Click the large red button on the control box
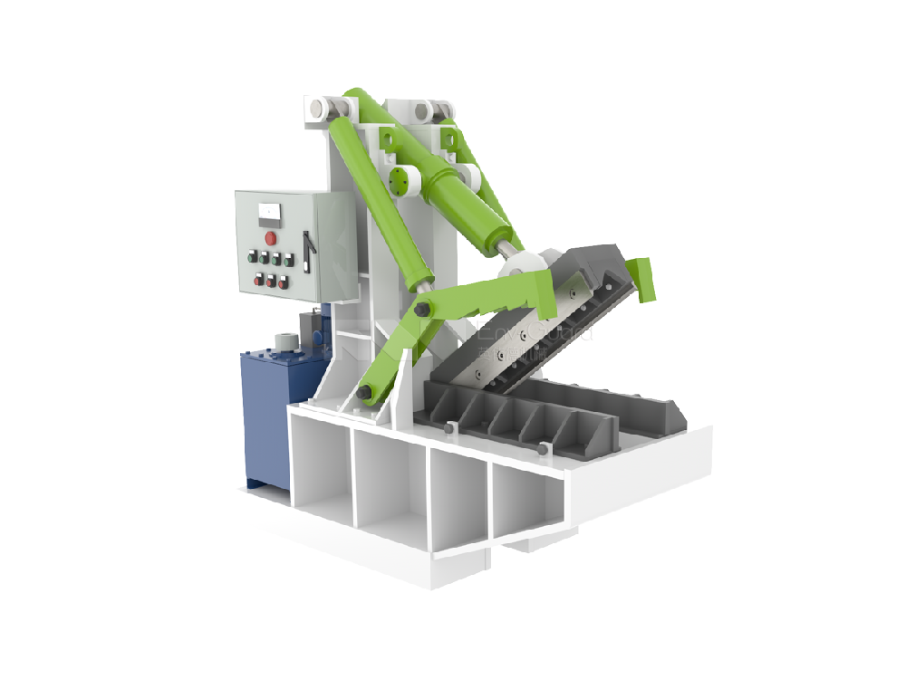(270, 238)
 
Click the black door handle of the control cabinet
(308, 250)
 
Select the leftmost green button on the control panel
(251, 258)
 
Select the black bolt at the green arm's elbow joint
(421, 311)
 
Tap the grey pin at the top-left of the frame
(316, 108)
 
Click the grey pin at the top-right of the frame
(422, 112)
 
